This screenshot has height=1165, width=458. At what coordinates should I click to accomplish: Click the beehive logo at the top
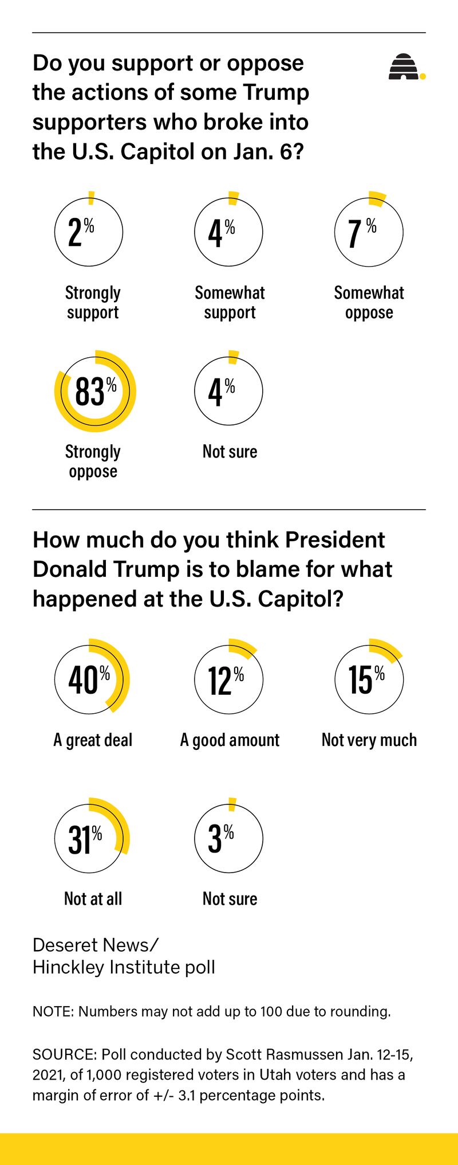click(405, 67)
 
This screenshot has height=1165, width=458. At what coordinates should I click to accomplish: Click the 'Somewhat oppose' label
click(369, 303)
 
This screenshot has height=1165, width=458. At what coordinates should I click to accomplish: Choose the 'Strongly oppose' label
click(93, 462)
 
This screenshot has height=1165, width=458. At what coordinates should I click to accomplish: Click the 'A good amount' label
click(230, 740)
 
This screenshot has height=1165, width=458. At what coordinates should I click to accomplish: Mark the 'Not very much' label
click(369, 740)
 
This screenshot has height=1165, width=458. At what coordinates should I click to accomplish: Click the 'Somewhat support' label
click(230, 303)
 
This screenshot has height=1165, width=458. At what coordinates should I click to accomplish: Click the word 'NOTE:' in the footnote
click(53, 1011)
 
